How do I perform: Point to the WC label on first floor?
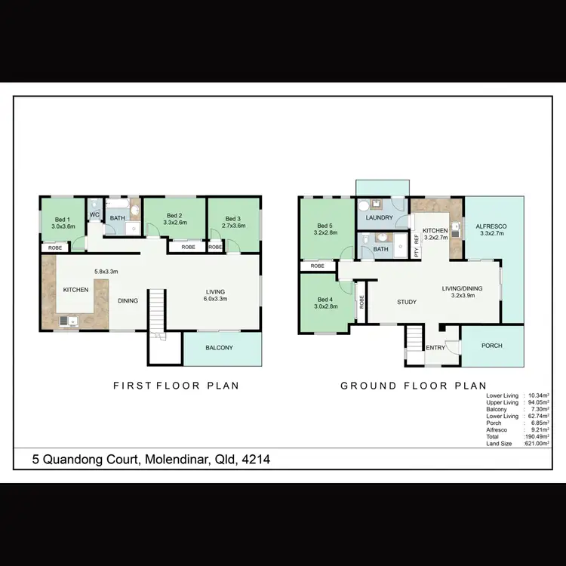95,215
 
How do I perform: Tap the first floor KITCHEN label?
75,290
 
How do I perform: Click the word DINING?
128,301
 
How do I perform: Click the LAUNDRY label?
379,219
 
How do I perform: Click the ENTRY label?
435,348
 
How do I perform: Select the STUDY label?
407,303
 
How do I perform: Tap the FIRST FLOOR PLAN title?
176,386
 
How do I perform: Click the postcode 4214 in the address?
253,459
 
